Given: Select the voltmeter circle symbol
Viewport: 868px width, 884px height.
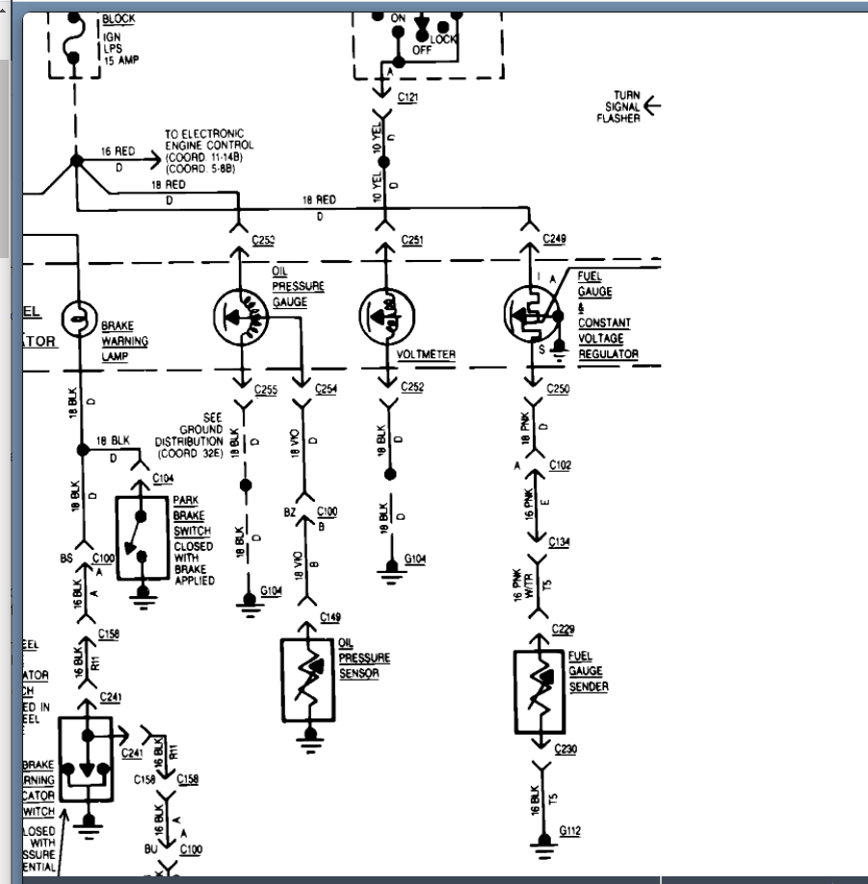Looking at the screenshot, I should [385, 314].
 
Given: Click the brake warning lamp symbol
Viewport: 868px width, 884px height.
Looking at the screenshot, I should [76, 316].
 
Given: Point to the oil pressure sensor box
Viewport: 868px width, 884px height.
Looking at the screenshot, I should [308, 683].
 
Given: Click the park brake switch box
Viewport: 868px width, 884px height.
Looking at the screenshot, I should [143, 537].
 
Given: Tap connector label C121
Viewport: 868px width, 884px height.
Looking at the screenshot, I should [408, 97].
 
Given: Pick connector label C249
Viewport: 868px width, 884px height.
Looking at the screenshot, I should [556, 238].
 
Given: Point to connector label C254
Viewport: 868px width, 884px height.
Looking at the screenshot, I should [327, 390].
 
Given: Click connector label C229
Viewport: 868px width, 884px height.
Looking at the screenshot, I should [564, 629].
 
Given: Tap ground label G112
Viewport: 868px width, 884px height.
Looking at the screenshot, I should [570, 830].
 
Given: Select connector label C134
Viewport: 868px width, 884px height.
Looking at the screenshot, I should [560, 542].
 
